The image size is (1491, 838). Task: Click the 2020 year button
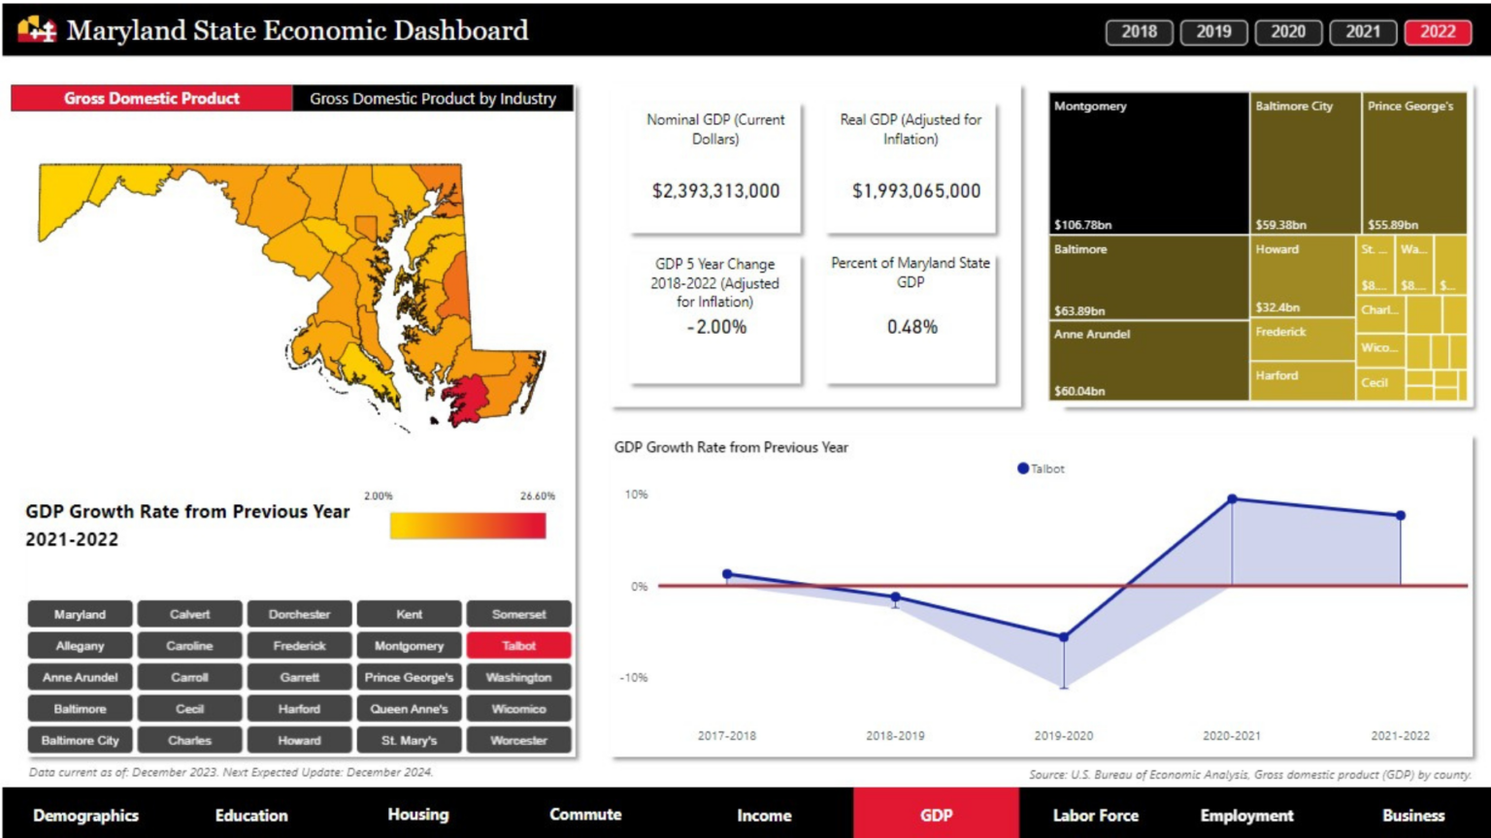click(x=1288, y=32)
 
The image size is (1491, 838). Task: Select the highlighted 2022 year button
click(x=1438, y=32)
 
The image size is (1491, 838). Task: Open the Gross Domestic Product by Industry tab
click(x=433, y=98)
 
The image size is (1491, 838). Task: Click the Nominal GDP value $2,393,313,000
click(x=715, y=191)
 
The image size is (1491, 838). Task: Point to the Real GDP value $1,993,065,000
click(x=915, y=191)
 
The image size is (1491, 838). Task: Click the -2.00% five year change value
click(x=716, y=327)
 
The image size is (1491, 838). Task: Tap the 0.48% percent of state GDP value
click(x=911, y=327)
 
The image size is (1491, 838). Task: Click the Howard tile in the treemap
click(x=1302, y=277)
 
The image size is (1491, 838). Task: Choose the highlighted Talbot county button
click(x=518, y=646)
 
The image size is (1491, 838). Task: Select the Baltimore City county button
click(x=80, y=740)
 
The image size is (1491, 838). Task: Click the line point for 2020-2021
click(x=1232, y=500)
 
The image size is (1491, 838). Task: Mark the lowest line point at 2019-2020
click(x=1064, y=637)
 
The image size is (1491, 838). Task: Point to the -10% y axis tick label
click(x=633, y=678)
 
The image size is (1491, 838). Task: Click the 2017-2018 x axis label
click(x=726, y=736)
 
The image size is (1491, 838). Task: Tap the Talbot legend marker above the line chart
click(x=1022, y=468)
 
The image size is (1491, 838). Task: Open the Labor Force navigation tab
click(x=1095, y=816)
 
